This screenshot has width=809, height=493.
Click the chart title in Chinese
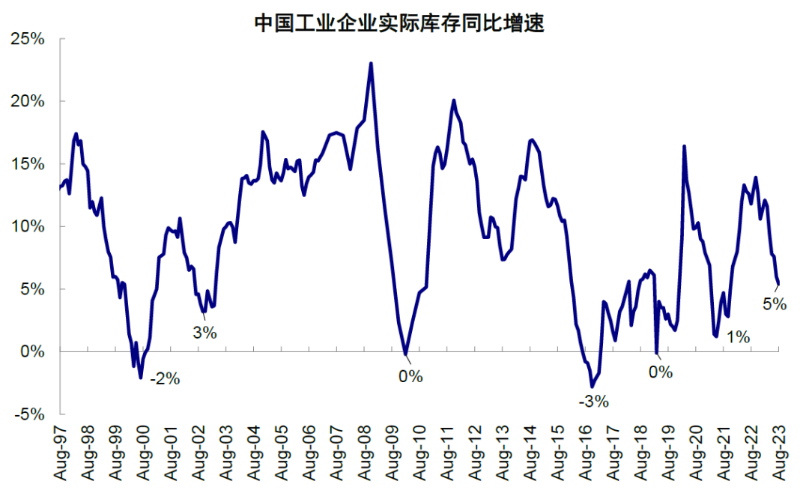(x=398, y=23)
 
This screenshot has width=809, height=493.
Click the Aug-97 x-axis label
(x=61, y=454)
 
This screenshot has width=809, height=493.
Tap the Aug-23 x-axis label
(x=780, y=454)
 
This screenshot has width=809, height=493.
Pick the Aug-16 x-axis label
(x=587, y=454)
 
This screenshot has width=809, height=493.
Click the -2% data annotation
(x=165, y=379)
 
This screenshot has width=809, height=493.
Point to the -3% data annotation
(x=593, y=402)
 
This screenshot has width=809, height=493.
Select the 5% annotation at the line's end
(x=775, y=304)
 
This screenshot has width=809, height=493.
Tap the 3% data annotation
(x=204, y=333)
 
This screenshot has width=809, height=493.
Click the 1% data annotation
(x=738, y=337)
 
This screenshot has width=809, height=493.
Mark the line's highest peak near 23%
(x=371, y=64)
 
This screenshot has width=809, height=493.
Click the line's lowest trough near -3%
(x=592, y=387)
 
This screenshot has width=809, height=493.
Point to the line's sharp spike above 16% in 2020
(x=684, y=146)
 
